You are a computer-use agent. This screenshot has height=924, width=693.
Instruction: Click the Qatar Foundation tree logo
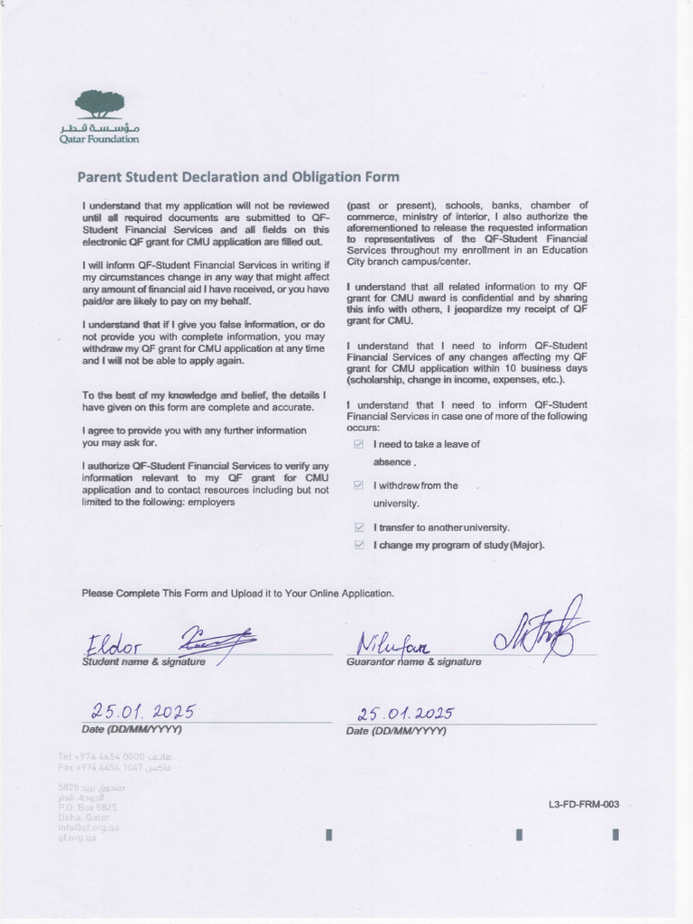(99, 104)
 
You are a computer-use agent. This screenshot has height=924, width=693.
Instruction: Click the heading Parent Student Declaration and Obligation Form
(238, 177)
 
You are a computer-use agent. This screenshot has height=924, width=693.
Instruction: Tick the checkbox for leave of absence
(359, 445)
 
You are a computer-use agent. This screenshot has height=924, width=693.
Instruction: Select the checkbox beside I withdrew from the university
(359, 486)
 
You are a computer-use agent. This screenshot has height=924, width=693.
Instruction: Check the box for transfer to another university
(359, 527)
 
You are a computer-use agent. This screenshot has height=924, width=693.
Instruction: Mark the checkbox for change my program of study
(359, 545)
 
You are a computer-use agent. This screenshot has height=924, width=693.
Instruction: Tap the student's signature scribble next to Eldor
(217, 641)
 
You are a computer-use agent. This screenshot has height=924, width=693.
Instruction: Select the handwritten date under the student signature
(143, 711)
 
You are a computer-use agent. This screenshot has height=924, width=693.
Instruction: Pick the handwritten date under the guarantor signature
(405, 713)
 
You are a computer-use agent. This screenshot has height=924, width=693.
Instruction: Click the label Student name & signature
(143, 662)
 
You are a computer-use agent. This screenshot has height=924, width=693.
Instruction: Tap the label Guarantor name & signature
(413, 662)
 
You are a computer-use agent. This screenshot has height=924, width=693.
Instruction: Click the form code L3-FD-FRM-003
(583, 804)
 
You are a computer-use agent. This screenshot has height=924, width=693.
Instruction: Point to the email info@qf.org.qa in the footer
(89, 827)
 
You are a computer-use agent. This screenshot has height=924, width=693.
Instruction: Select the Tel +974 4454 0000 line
(113, 755)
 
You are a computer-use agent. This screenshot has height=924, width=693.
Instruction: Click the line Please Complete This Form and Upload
(238, 593)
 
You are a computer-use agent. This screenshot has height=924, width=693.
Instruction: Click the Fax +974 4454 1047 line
(113, 767)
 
